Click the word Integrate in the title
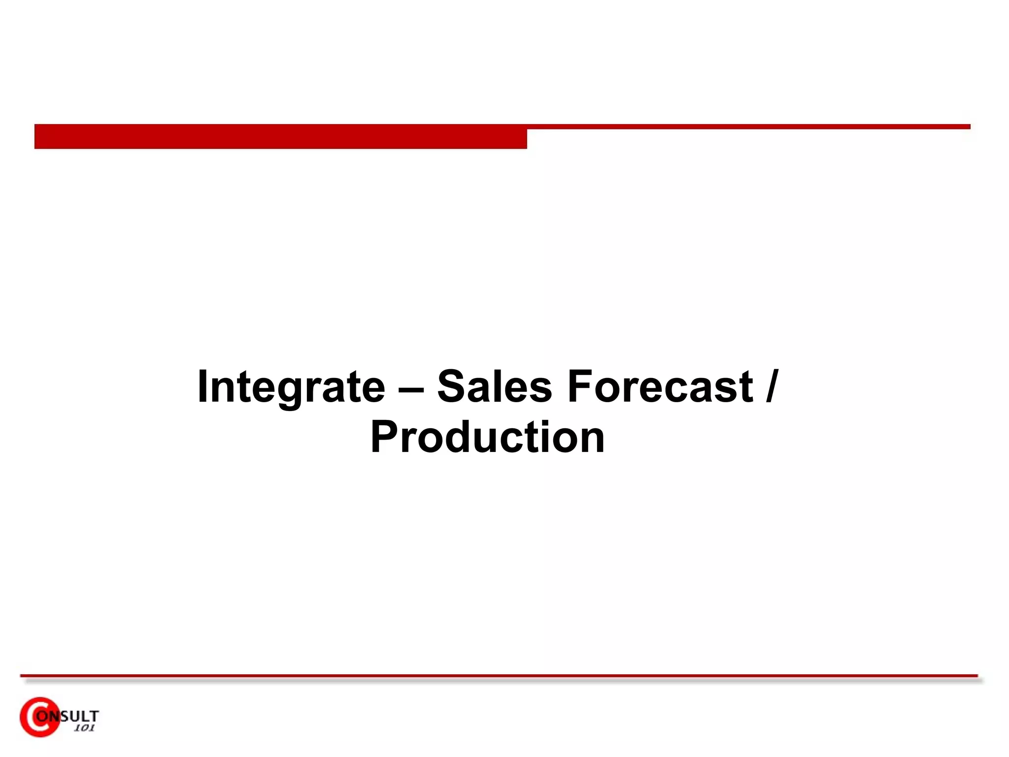[291, 387]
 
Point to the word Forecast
[660, 386]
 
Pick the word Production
[487, 438]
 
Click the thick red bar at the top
[280, 137]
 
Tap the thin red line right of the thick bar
[748, 127]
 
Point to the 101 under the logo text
[84, 728]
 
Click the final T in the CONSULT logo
[94, 716]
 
